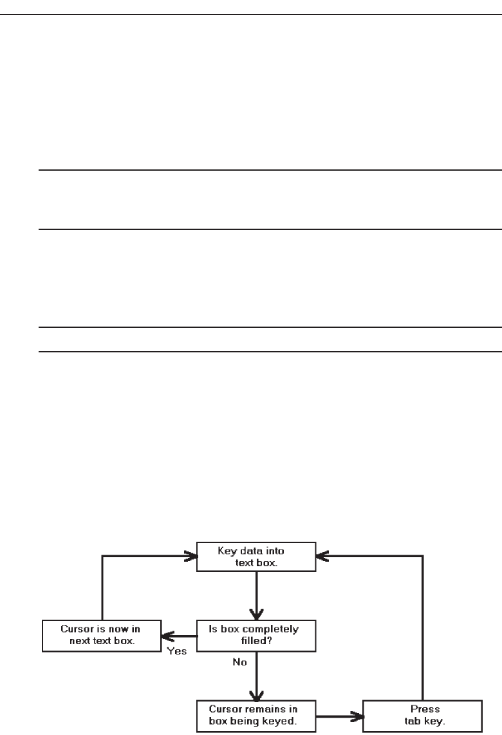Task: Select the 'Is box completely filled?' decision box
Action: pyautogui.click(x=256, y=635)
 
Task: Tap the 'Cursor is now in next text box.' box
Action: pyautogui.click(x=100, y=635)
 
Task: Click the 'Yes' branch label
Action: pyautogui.click(x=177, y=651)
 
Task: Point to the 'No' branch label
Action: pyautogui.click(x=240, y=662)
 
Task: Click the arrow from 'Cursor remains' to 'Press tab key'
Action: pyautogui.click(x=339, y=715)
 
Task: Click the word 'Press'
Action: pyautogui.click(x=425, y=709)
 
